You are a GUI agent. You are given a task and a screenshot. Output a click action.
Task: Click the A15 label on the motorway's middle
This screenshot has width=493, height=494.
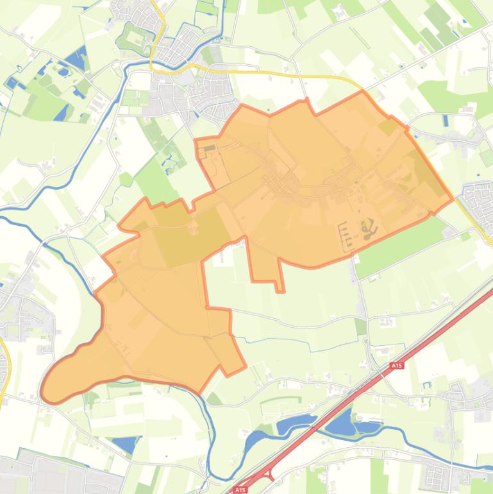click(396, 366)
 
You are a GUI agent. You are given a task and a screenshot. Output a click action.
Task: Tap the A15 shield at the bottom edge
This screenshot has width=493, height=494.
click(239, 490)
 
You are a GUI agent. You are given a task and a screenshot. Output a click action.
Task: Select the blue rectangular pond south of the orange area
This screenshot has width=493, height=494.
click(124, 443)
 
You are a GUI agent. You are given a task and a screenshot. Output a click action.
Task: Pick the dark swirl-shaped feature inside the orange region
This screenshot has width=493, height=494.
click(368, 228)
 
